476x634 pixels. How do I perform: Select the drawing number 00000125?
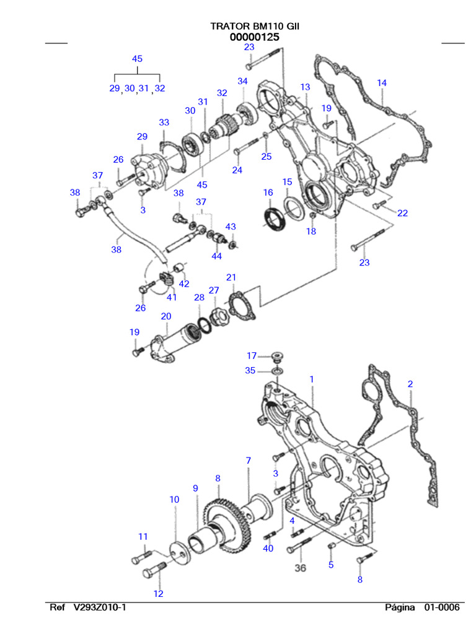(254, 37)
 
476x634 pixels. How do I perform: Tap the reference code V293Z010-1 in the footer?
(100, 607)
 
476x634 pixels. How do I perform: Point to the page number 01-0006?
(442, 607)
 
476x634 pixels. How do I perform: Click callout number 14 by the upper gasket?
(382, 83)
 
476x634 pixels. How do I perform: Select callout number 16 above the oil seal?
(268, 193)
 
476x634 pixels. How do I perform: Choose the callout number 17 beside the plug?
(252, 355)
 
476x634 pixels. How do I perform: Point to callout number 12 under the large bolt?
(158, 594)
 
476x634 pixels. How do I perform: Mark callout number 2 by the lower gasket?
(410, 384)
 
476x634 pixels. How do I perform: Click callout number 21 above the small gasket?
(231, 277)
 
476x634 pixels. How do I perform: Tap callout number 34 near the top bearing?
(242, 81)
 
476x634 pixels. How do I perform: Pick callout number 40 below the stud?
(268, 548)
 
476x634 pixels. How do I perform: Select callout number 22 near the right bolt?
(402, 213)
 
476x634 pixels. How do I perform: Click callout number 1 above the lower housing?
(312, 378)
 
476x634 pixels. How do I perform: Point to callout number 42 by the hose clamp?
(184, 284)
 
